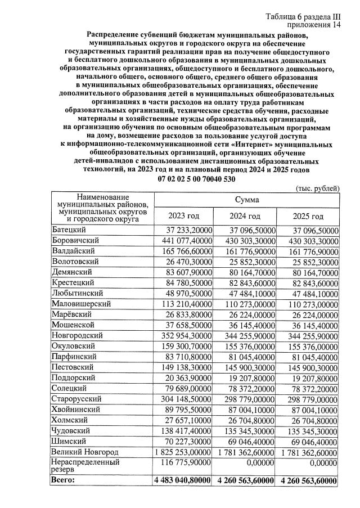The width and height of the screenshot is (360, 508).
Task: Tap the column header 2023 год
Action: tap(183, 216)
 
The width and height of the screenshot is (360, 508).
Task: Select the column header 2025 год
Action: tap(308, 216)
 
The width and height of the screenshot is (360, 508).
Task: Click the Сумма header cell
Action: tap(246, 200)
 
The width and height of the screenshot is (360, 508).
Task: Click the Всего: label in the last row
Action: tap(62, 480)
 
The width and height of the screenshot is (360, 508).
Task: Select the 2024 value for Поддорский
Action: tap(247, 377)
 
